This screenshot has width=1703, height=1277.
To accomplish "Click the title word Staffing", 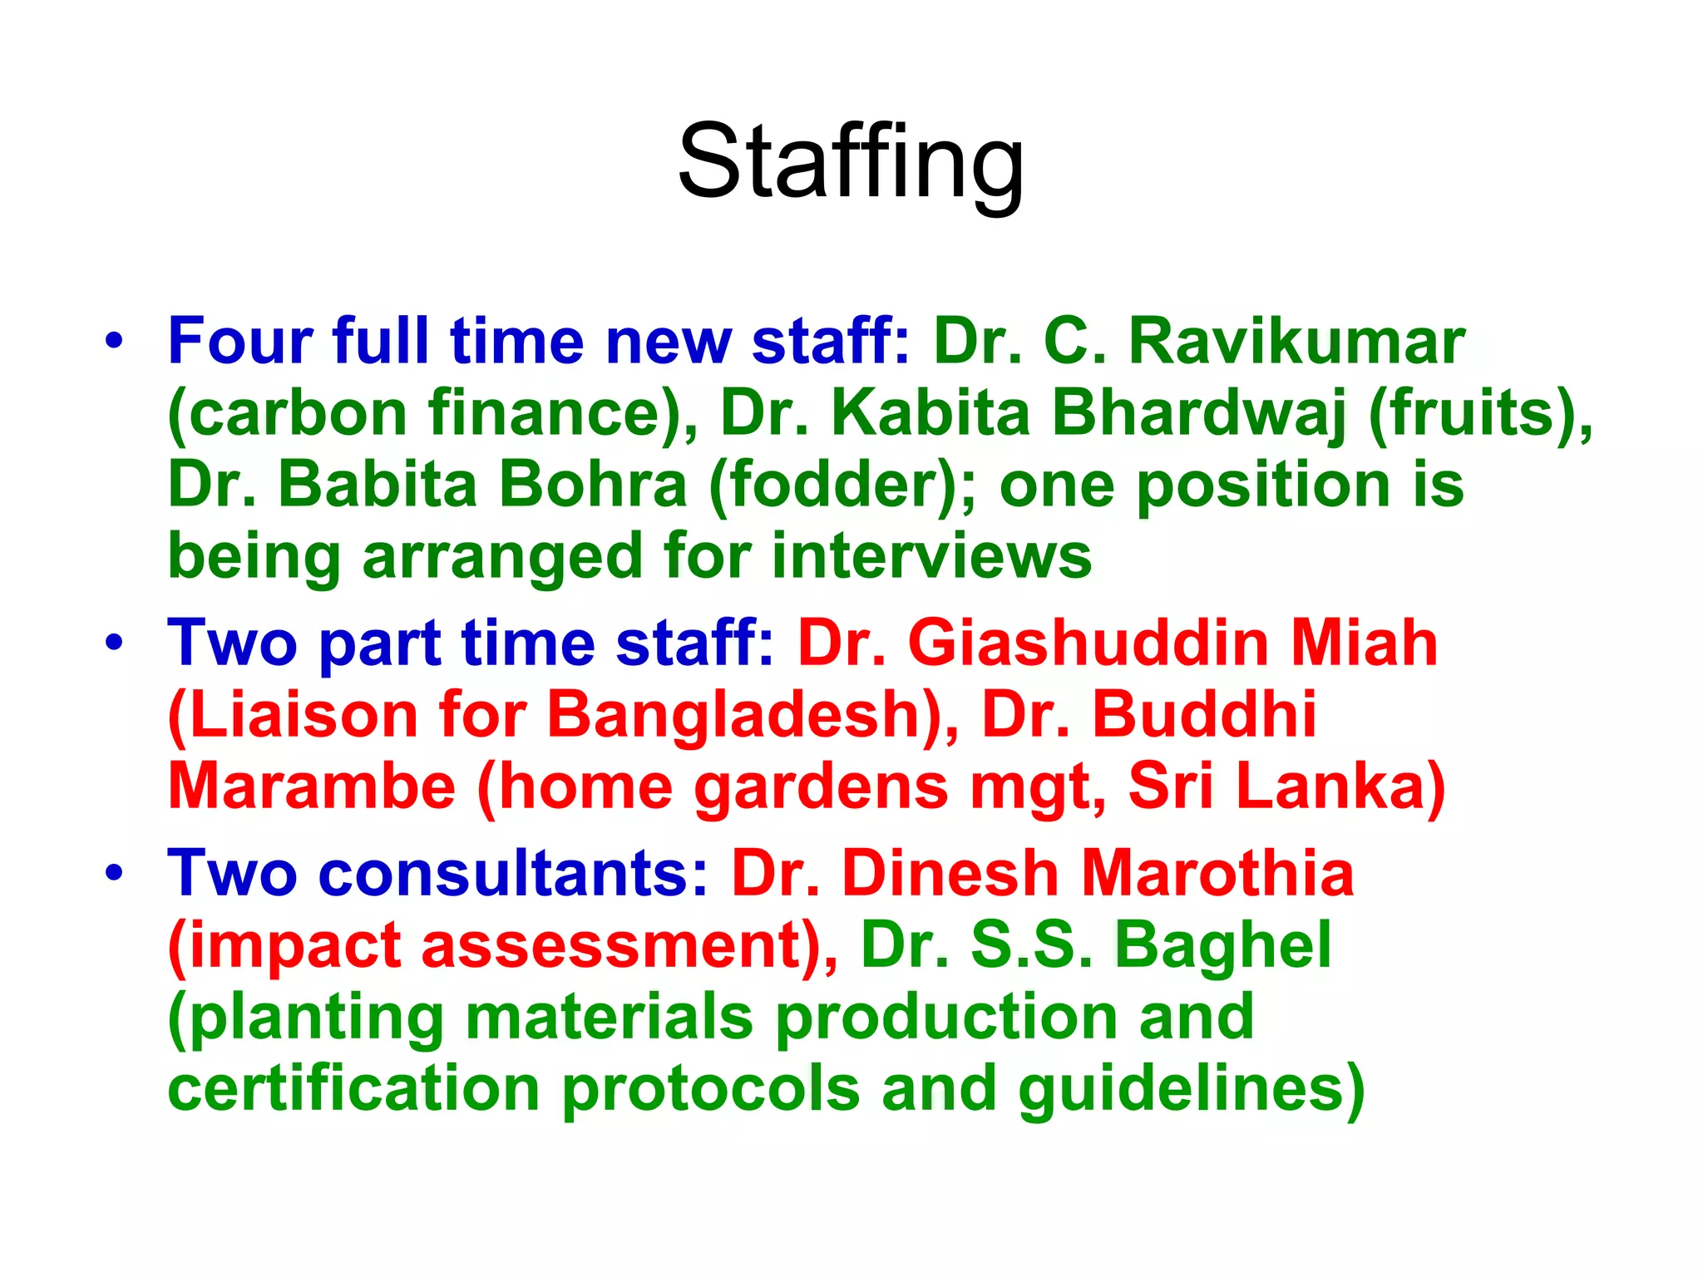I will click(x=851, y=162).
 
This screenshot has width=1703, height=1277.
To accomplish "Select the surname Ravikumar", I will click(x=1296, y=341).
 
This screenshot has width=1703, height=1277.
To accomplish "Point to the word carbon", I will click(x=296, y=413).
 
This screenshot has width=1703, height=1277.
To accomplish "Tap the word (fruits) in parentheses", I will click(x=1480, y=413).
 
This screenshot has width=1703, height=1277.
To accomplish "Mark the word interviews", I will click(x=931, y=556).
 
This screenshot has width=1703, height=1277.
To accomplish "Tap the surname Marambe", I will click(x=312, y=786).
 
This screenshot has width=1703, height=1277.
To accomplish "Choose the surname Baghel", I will click(x=1222, y=945).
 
